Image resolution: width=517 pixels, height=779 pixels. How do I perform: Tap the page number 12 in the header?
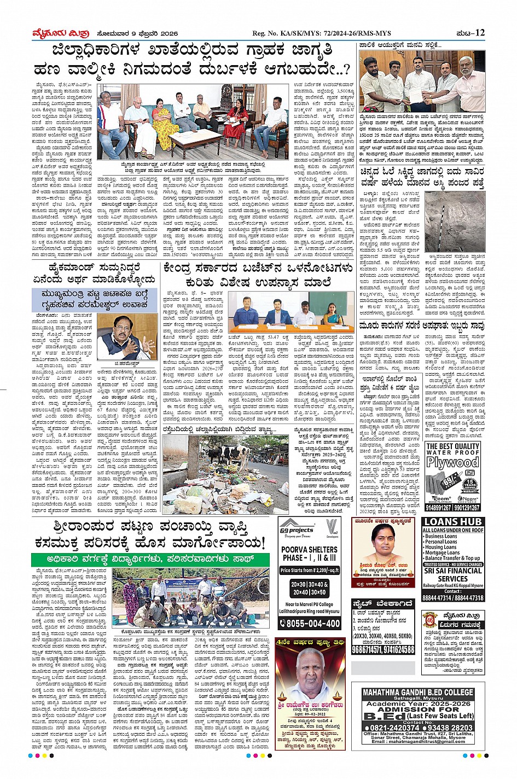coord(480,33)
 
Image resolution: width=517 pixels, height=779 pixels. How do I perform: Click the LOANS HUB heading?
coord(452,521)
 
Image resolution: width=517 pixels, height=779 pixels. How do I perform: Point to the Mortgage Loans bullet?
coord(443,553)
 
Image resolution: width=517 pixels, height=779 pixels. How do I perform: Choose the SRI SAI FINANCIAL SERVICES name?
coord(452,574)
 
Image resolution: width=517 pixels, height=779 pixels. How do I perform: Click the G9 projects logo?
coord(297,531)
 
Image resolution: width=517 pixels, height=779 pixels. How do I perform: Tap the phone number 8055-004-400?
coord(310,623)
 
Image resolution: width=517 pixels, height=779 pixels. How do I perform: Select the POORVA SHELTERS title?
coord(310,549)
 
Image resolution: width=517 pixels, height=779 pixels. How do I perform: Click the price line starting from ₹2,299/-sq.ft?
coord(310,570)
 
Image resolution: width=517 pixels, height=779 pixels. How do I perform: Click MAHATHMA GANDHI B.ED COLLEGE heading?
coord(417,692)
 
